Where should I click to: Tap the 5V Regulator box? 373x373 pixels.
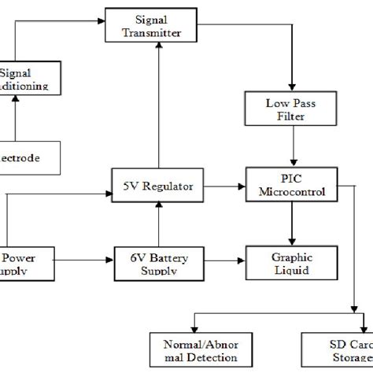tap(158, 186)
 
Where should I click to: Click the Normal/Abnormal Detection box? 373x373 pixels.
tap(194, 351)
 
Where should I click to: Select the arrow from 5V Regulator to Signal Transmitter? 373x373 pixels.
tap(158, 102)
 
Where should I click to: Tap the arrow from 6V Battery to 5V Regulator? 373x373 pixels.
tap(158, 223)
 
